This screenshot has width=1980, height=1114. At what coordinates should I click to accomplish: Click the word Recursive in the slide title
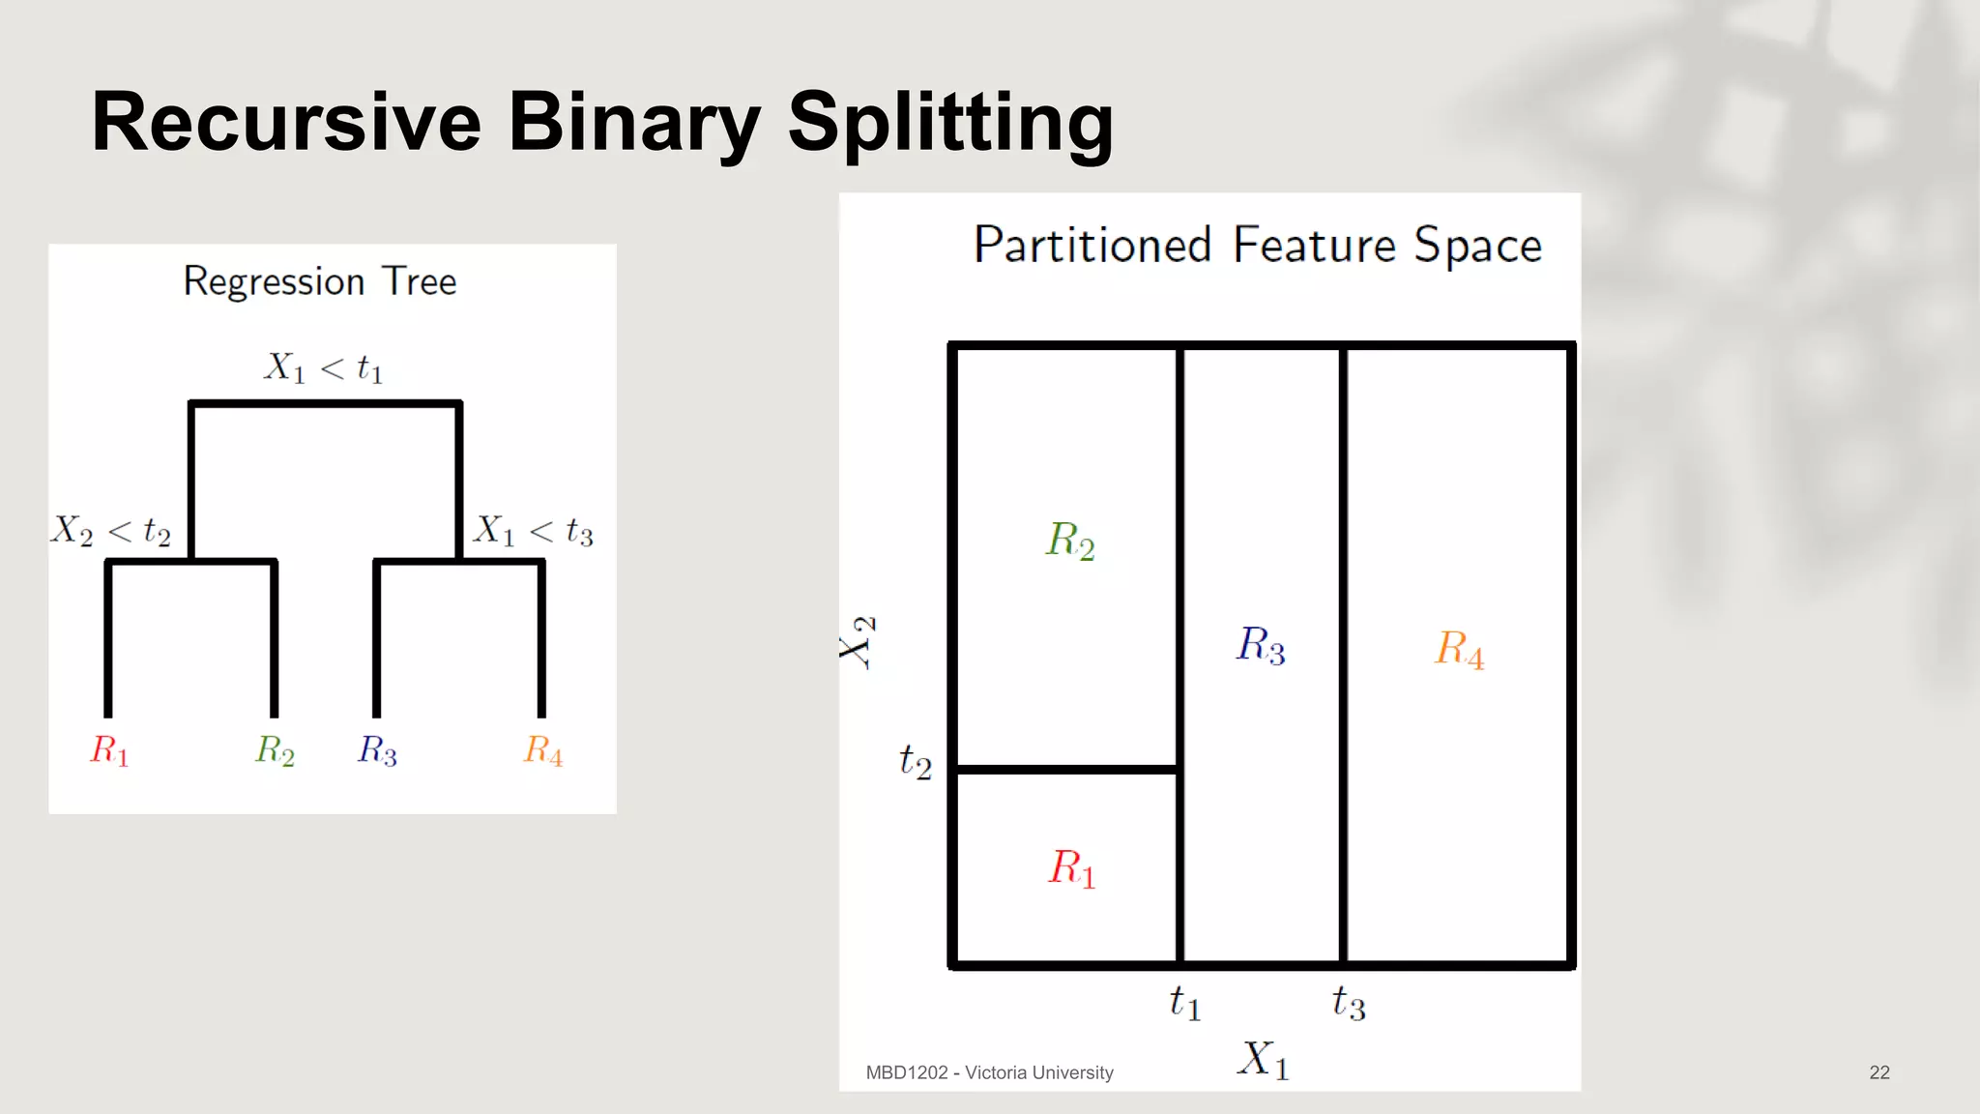click(x=286, y=122)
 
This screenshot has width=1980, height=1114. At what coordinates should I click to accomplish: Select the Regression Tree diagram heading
click(x=320, y=281)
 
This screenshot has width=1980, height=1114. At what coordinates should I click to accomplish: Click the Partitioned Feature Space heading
click(x=1257, y=245)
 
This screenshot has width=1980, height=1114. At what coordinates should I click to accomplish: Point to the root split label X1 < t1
click(x=324, y=367)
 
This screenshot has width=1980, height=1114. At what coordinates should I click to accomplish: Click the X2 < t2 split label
click(x=111, y=530)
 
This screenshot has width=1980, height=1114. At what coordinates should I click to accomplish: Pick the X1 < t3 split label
click(x=533, y=530)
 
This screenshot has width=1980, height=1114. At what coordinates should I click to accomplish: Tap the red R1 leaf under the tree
click(x=109, y=749)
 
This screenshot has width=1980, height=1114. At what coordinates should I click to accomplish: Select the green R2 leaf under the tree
click(x=275, y=749)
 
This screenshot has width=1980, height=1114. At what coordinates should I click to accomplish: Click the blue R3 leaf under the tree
click(x=377, y=749)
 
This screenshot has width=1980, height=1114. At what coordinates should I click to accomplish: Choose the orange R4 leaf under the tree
click(x=543, y=749)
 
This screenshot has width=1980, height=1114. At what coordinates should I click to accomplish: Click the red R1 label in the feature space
click(x=1072, y=867)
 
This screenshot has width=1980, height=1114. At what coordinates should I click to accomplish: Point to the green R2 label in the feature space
click(x=1070, y=540)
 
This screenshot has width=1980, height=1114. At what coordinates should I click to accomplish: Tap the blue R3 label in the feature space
click(x=1261, y=644)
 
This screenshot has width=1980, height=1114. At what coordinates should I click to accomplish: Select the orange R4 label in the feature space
click(x=1459, y=648)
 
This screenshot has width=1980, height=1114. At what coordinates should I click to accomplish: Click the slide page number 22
click(x=1879, y=1072)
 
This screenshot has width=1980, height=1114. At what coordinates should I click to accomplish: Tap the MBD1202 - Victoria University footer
click(x=989, y=1072)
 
